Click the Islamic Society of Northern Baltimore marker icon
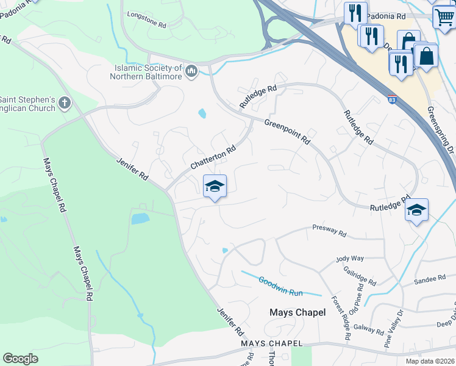pos(192,71)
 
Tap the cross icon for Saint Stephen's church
pos(66,103)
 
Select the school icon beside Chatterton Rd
pos(215,185)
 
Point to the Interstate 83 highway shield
pos(390,99)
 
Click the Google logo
pos(21,359)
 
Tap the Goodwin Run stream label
pos(280,287)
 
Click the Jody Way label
pos(350,259)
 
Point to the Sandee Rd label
pos(430,279)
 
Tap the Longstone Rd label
pos(146,20)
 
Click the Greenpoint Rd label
pos(287,131)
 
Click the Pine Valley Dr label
pos(394,329)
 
